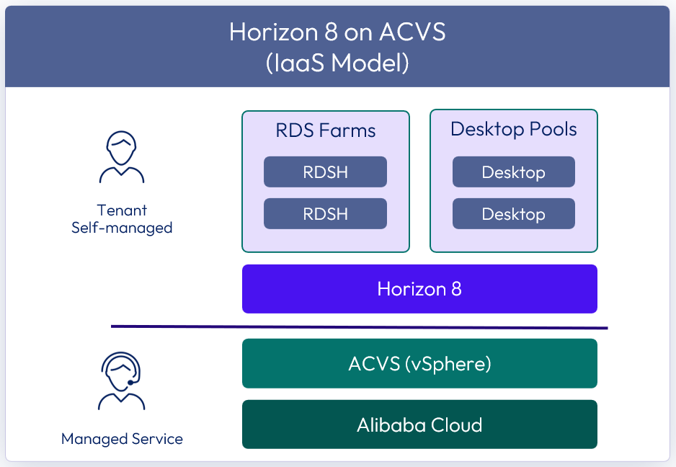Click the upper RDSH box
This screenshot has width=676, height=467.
tap(325, 172)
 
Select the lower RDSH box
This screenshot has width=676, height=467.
tap(325, 213)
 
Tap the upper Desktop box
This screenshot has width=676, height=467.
tap(513, 172)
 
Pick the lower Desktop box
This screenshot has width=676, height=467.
tap(513, 213)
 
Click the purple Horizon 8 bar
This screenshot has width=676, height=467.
tap(419, 289)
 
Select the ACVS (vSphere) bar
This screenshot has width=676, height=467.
tap(419, 363)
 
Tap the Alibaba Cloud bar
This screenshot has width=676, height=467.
tap(419, 424)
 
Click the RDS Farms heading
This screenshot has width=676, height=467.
tap(326, 130)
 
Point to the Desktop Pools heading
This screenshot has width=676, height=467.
tap(513, 129)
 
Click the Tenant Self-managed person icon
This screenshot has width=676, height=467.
tap(122, 157)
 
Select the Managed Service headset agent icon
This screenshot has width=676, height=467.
tap(121, 381)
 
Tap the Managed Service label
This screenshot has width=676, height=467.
tap(122, 439)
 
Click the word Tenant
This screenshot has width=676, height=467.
tap(122, 210)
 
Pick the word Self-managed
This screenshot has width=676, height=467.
tap(122, 228)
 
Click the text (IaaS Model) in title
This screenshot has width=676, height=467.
tap(337, 63)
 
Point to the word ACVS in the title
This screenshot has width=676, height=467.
tap(412, 32)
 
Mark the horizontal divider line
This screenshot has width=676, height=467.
tap(359, 327)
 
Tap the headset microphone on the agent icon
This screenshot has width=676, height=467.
tap(130, 382)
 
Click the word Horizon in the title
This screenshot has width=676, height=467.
tap(273, 32)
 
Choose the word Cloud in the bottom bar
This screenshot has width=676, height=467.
tap(457, 425)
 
